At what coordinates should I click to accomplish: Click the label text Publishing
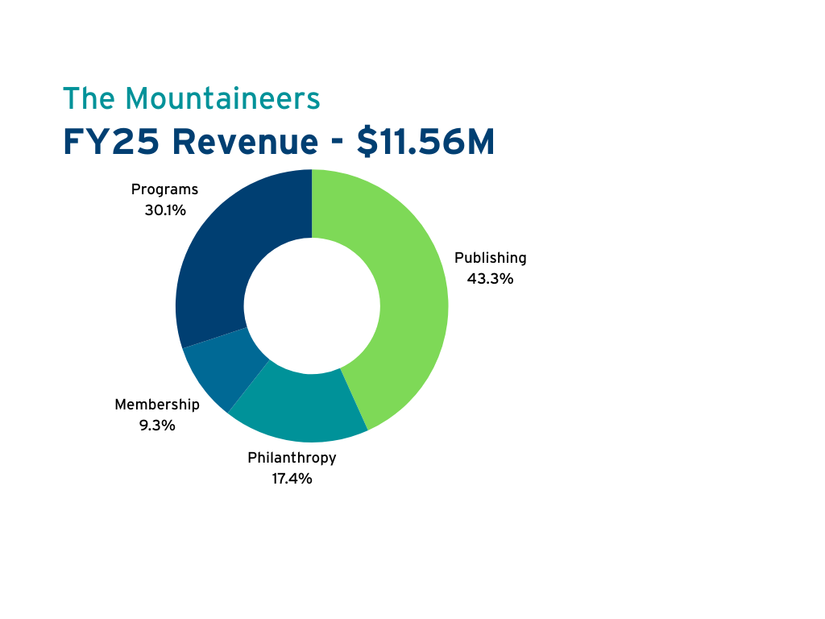(x=490, y=258)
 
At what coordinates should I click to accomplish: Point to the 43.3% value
(x=490, y=279)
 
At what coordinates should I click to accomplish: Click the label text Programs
(x=164, y=190)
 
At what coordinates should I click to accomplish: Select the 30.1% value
(x=164, y=211)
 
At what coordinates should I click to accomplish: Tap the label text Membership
(x=156, y=405)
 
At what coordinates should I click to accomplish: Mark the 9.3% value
(x=156, y=426)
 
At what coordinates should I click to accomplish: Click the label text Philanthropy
(x=292, y=458)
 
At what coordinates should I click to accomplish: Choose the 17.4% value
(x=292, y=479)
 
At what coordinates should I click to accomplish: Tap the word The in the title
(x=89, y=98)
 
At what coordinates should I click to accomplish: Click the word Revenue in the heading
(x=244, y=143)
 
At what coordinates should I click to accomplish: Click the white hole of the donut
(x=312, y=305)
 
